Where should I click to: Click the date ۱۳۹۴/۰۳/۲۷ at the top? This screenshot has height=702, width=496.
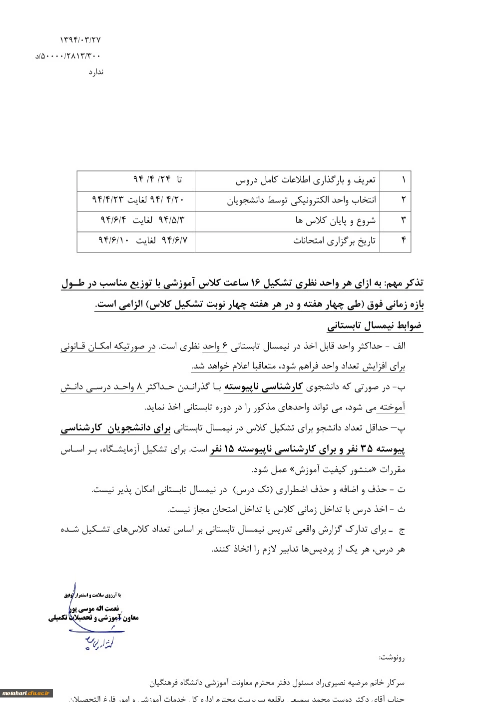(80, 39)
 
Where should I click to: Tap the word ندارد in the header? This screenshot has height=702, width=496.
(96, 72)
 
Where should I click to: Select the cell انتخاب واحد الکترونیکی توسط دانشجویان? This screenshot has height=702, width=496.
(302, 200)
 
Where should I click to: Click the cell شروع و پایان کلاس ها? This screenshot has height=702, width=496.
(335, 220)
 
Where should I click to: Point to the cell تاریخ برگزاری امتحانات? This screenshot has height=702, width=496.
(334, 241)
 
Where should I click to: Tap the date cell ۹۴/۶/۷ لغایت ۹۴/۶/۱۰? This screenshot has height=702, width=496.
(143, 240)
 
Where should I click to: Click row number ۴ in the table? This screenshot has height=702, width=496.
(403, 241)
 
